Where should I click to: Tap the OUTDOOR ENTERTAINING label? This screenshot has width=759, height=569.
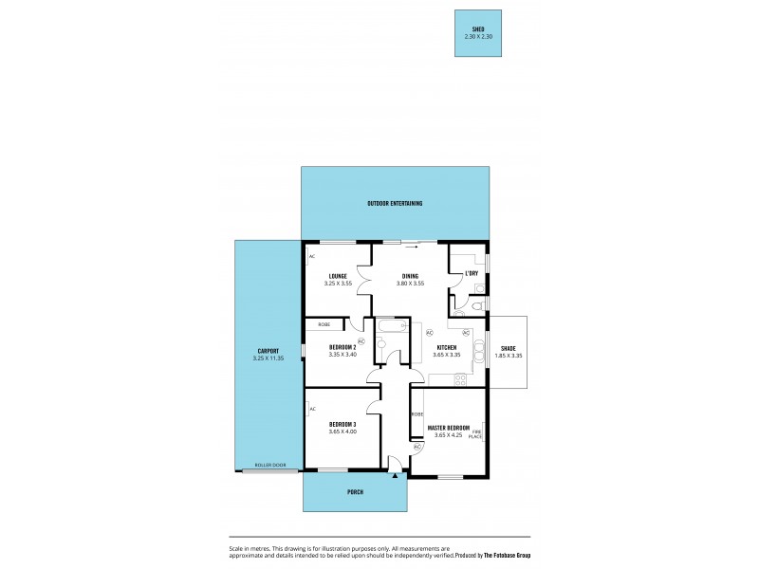(395, 204)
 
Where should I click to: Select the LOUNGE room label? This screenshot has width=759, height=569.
(338, 276)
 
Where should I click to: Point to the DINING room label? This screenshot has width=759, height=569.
(409, 276)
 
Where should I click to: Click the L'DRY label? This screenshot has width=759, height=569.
(471, 274)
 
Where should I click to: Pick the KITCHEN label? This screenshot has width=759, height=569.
(447, 348)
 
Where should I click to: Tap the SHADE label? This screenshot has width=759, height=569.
(509, 348)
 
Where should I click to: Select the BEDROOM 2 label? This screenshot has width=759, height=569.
(342, 348)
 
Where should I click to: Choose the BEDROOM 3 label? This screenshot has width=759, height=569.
(342, 424)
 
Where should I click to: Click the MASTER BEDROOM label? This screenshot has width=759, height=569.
(449, 428)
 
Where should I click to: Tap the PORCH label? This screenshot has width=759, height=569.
(356, 492)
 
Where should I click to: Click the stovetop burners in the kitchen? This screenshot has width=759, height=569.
(459, 380)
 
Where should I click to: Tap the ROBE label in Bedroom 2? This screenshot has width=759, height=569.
(324, 324)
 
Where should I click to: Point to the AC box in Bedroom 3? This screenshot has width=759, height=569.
(312, 409)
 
